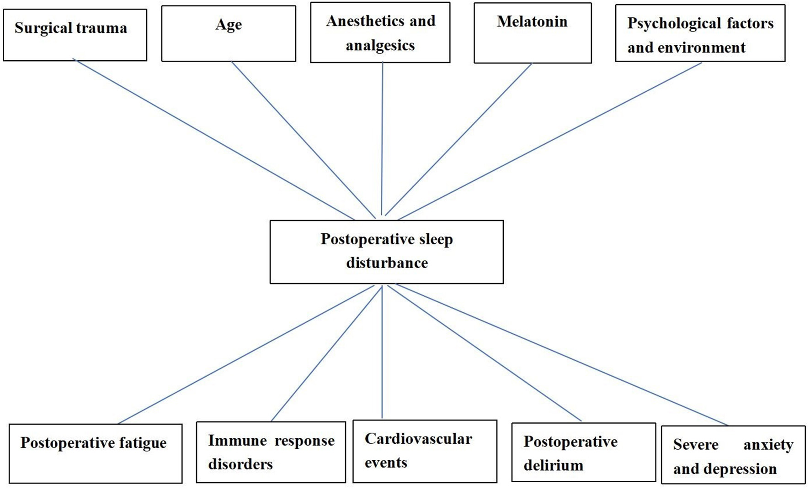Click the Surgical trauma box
[75, 35]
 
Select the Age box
[229, 33]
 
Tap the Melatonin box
[533, 33]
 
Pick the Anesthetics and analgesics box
[380, 32]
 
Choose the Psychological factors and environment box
[700, 33]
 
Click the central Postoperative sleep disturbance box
[387, 252]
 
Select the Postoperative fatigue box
[96, 453]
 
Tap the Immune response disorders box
[271, 452]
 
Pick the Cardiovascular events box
[425, 451]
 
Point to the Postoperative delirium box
[584, 452]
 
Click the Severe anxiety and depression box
[733, 455]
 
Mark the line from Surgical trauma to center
[214, 139]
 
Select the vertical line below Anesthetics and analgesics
[382, 137]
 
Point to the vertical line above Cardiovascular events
[382, 352]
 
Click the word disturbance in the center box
[387, 263]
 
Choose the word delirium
[553, 465]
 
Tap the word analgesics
[380, 45]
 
